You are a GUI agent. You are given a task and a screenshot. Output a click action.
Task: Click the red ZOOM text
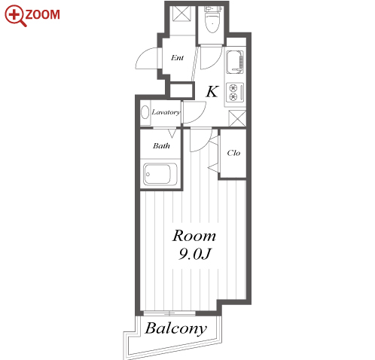click(42, 14)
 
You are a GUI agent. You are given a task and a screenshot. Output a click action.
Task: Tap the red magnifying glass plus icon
click(15, 16)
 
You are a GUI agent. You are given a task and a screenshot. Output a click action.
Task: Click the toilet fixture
click(212, 20)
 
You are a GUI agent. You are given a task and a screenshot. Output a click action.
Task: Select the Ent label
click(177, 58)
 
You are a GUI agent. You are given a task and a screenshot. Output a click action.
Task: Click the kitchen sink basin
click(235, 62)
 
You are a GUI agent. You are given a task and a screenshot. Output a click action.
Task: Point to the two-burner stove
click(235, 92)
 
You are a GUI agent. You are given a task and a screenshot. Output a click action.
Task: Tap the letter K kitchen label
click(212, 91)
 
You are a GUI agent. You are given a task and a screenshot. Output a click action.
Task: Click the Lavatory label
click(166, 112)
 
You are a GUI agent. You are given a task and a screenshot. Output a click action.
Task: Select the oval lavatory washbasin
click(145, 112)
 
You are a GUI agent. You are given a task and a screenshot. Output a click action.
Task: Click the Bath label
click(161, 145)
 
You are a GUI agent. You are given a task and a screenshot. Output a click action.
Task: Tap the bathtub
click(160, 174)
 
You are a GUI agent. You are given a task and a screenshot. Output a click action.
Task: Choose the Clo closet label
click(233, 153)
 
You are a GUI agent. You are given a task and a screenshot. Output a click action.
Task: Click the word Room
click(194, 236)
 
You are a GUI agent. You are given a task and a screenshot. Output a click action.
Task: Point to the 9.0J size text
click(195, 254)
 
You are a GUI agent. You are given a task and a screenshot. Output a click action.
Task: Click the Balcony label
click(176, 328)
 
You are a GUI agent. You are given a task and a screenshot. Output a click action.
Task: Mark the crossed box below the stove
click(237, 118)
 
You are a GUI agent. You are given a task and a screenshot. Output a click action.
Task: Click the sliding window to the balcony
click(169, 313)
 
